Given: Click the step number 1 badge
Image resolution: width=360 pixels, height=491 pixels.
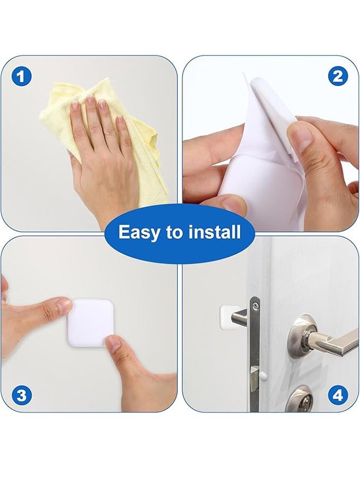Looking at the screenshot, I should point(21,76).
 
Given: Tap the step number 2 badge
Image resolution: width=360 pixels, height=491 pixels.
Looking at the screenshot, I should point(338,76).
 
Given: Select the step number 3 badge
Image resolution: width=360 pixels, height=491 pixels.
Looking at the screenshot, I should point(21,395).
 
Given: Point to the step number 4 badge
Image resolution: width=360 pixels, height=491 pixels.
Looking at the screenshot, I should point(338,395).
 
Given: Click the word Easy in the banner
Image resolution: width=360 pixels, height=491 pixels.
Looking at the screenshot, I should point(137,233).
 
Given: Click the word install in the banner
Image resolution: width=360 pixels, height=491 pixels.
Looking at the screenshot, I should point(214,233).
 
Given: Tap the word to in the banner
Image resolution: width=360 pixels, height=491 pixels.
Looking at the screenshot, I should point(175,233).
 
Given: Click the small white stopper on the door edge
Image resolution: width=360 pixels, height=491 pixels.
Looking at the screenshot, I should point(263,376).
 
